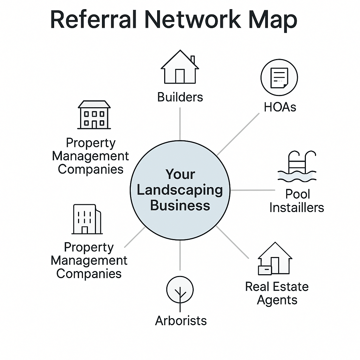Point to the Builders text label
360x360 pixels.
coord(180,97)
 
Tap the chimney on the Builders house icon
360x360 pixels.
coord(192,59)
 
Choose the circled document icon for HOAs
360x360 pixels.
coord(279,77)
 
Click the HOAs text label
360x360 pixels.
coord(280,107)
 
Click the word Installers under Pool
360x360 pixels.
coord(297,207)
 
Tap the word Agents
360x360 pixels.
coord(277,300)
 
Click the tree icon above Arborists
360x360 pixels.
coord(180,292)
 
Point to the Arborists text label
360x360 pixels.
coord(181,321)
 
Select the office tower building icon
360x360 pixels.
coord(87,219)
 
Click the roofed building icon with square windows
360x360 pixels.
coord(94,115)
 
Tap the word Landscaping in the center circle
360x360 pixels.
coord(180,190)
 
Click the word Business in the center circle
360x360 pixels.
coord(180,205)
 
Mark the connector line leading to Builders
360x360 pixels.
coord(180,123)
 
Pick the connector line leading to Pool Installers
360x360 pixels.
coord(252,190)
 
